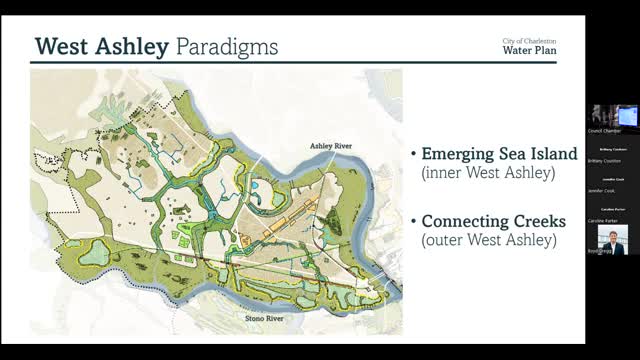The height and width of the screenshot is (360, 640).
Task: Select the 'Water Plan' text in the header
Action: point(529,50)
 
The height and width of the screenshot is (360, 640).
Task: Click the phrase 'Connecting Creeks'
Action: point(494,220)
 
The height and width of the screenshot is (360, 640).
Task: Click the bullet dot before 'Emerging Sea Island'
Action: point(413,155)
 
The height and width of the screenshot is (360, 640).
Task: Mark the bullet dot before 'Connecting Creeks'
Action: point(413,221)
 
